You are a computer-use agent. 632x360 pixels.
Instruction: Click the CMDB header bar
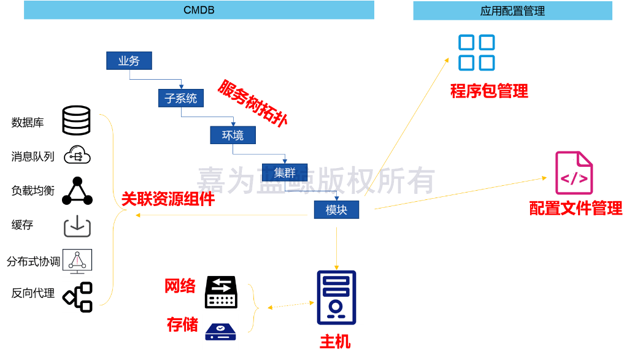[x=199, y=10]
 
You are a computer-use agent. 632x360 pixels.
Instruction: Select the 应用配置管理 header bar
[x=512, y=11]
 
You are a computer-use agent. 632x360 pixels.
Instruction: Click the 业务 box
[x=129, y=61]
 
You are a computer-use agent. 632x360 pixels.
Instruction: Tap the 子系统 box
[x=181, y=98]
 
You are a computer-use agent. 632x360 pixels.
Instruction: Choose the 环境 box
[x=233, y=135]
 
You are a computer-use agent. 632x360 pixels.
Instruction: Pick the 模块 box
[x=336, y=210]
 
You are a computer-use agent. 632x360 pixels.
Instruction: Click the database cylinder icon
[x=77, y=120]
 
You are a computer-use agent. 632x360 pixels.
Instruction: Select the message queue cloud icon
[x=77, y=155]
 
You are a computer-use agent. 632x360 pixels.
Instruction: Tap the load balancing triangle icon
[x=77, y=191]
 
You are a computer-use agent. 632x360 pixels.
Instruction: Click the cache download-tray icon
[x=77, y=226]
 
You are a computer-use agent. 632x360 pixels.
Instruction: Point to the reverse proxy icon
[x=77, y=297]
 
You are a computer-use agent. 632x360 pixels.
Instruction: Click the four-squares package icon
[x=476, y=52]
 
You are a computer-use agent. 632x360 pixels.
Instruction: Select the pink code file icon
[x=574, y=173]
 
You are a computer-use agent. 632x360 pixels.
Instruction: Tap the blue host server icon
[x=336, y=297]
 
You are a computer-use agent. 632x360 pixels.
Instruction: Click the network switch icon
[x=221, y=292]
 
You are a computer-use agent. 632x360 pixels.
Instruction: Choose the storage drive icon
[x=220, y=332]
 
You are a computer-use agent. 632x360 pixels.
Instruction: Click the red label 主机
[x=335, y=342]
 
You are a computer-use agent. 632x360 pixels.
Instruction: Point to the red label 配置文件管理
[x=576, y=209]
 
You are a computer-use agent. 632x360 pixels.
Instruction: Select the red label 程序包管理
[x=488, y=91]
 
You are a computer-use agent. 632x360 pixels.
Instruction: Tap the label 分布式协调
[x=33, y=262]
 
